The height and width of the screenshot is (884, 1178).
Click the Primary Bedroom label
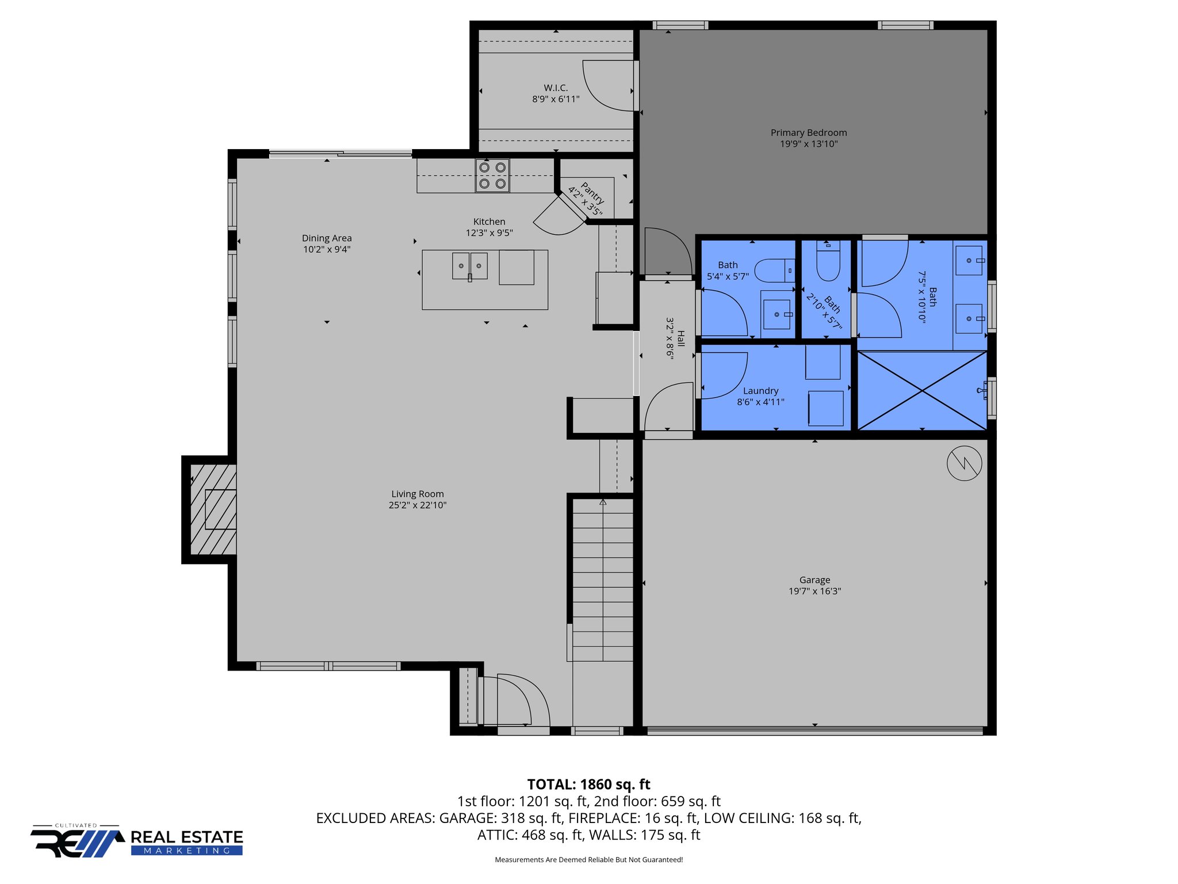coord(808,133)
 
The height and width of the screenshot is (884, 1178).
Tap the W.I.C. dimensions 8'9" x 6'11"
coord(556,100)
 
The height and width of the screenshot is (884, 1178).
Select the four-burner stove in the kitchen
coord(492,176)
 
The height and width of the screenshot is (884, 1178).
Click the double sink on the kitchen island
coord(469,266)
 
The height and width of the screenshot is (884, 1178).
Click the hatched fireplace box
coord(213,509)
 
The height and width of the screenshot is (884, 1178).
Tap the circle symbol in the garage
coord(964,463)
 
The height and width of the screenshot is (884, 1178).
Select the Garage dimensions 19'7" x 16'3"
coord(814,591)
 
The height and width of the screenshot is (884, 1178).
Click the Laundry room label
coord(760,391)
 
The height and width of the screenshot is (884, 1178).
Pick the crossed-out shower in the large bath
coord(922,391)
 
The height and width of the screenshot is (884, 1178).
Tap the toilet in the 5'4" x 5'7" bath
coord(774,270)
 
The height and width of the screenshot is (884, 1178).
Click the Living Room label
coord(417,494)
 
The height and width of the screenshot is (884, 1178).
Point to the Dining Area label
coord(327,238)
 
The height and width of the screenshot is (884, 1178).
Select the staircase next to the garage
coord(603,578)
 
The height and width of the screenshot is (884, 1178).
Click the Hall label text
coord(681,338)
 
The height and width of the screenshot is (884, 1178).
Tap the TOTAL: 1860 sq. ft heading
coord(588,784)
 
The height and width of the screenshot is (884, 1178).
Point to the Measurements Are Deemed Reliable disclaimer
coord(588,860)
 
